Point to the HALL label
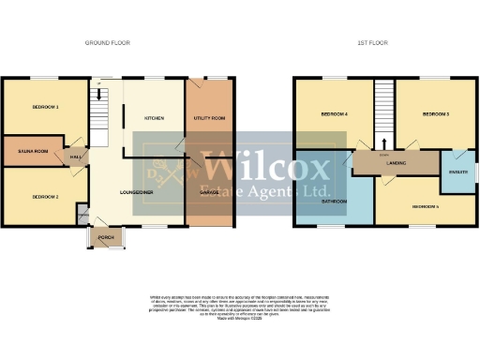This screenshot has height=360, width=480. pyautogui.click(x=76, y=158)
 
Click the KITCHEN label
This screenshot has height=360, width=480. pyautogui.click(x=155, y=119)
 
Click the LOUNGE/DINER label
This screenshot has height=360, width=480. pyautogui.click(x=137, y=192)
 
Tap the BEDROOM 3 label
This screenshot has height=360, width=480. pyautogui.click(x=435, y=114)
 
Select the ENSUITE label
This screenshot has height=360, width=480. pyautogui.click(x=459, y=172)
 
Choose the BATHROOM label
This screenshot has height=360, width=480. pyautogui.click(x=335, y=202)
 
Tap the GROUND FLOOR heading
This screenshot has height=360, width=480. pyautogui.click(x=108, y=43)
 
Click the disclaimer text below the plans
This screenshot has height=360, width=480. pyautogui.click(x=240, y=307)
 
